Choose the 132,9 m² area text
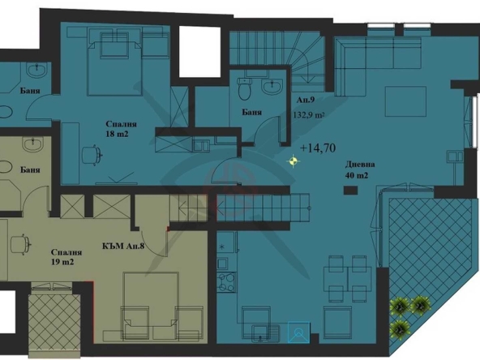pyautogui.click(x=309, y=116)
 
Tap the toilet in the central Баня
pyautogui.click(x=245, y=87)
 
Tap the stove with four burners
pyautogui.click(x=226, y=281)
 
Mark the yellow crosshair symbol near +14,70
pyautogui.click(x=293, y=161)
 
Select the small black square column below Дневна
pyautogui.click(x=349, y=191)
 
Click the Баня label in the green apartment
pyautogui.click(x=31, y=170)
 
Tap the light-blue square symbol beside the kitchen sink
pyautogui.click(x=298, y=332)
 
